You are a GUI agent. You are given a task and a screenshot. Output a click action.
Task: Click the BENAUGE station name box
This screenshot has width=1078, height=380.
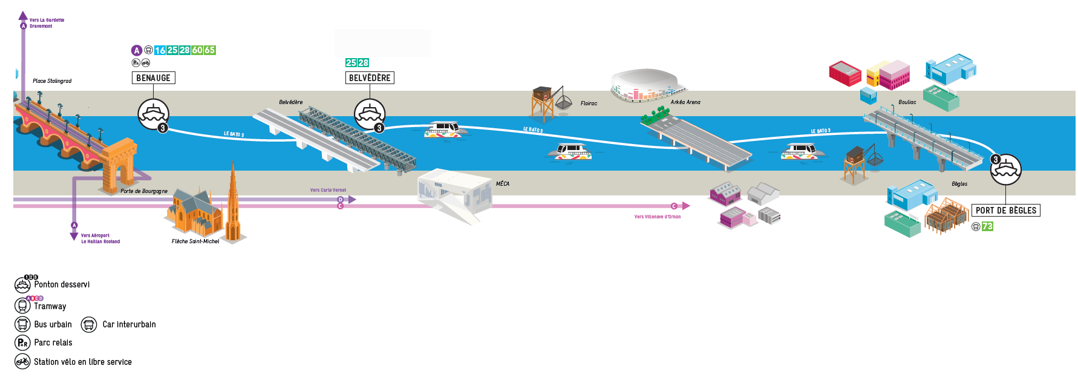153,78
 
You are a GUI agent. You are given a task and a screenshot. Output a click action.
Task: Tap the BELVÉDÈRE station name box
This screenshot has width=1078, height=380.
370,78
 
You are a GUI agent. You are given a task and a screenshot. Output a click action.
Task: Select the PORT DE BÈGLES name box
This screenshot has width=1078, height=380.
1005,211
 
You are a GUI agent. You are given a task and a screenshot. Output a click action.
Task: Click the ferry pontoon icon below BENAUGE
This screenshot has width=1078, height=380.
153,114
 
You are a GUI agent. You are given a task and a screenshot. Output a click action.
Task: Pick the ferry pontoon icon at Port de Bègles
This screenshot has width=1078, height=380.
1005,169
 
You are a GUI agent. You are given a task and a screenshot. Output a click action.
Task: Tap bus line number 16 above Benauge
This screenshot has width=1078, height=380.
160,50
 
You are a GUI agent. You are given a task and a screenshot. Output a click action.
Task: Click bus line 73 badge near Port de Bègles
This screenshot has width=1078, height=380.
987,226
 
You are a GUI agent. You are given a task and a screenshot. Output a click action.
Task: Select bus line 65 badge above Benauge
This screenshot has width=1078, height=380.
210,50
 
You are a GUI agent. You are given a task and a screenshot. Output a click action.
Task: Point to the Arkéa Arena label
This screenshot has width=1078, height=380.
685,102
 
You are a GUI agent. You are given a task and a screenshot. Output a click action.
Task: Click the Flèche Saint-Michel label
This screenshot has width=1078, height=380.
195,241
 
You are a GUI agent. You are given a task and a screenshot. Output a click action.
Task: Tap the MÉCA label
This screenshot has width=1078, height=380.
503,184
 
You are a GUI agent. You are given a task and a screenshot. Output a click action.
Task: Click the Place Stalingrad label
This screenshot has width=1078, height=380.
52,81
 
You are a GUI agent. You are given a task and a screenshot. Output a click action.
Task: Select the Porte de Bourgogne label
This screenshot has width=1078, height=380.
144,191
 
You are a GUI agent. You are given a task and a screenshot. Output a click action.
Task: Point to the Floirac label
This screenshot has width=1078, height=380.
589,103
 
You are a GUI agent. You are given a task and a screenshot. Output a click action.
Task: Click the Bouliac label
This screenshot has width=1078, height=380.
907,102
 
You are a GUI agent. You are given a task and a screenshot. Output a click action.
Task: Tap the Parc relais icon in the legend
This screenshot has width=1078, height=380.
22,343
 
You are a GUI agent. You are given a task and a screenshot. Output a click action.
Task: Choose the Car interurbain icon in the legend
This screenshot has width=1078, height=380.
89,325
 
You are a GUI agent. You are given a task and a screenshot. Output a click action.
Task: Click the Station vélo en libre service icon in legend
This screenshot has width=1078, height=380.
22,362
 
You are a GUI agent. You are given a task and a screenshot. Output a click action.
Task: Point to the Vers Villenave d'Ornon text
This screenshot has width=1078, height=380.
657,217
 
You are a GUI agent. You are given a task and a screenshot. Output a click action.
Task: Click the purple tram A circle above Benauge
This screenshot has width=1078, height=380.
137,50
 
